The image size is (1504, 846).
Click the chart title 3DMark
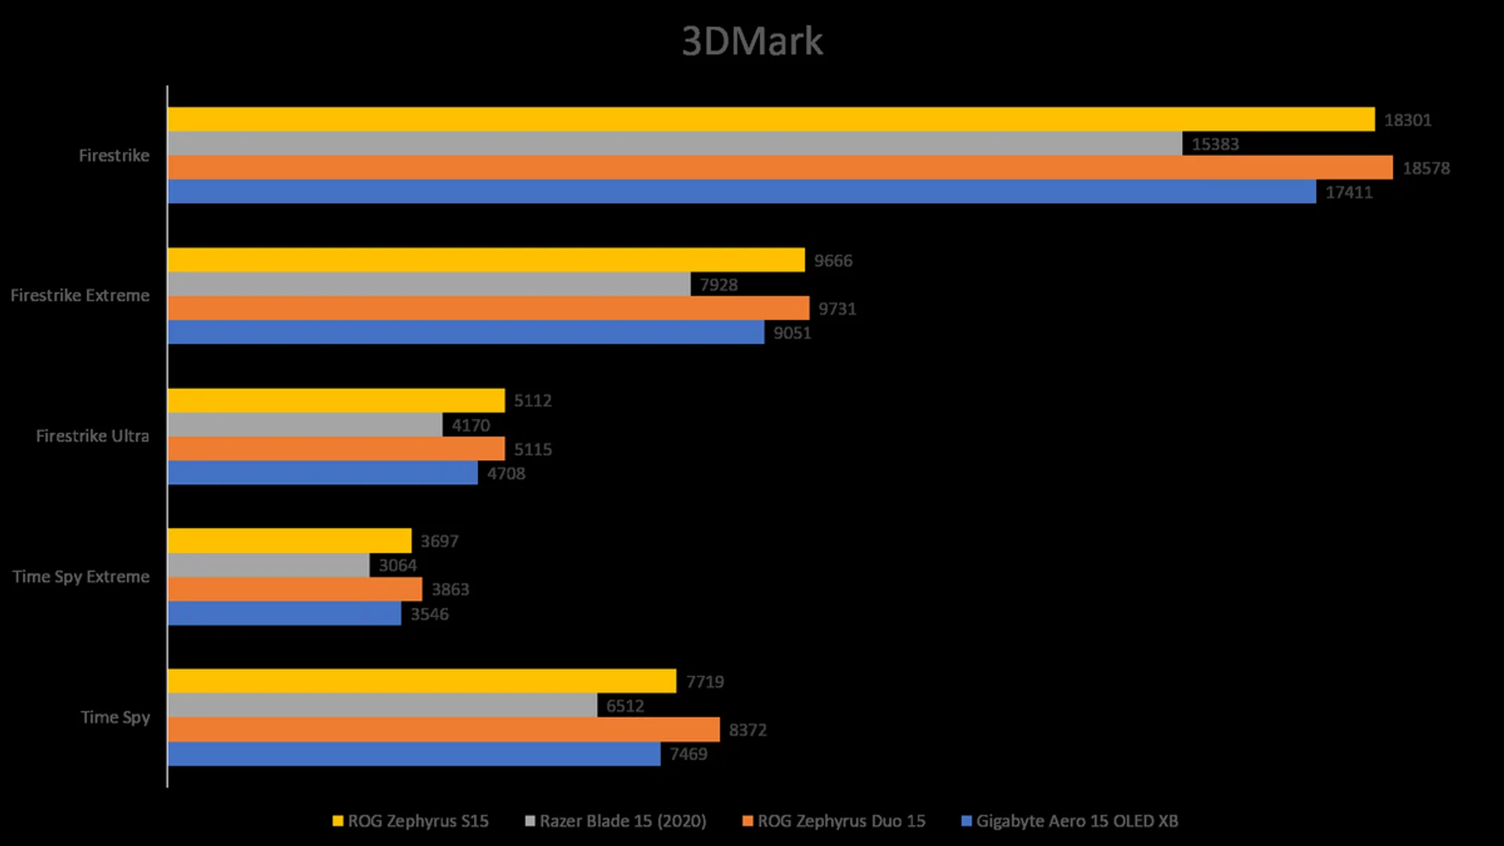pos(752,41)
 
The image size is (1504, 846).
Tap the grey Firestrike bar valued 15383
pos(674,143)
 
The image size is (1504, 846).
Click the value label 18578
pos(1426,168)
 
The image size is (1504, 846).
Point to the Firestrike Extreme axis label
pos(80,295)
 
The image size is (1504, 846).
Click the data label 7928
pos(718,284)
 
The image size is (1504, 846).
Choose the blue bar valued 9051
pos(466,332)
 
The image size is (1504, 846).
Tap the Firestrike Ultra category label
pos(92,436)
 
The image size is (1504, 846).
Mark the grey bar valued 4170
pos(305,425)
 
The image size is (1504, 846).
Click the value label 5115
pos(533,449)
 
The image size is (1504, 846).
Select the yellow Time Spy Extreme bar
pos(290,540)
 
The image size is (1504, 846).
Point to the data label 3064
pos(398,565)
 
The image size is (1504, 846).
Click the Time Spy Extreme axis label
pos(81,577)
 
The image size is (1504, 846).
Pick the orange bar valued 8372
pos(443,729)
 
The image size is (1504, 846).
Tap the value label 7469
pos(689,754)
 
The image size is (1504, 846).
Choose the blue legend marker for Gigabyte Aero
pos(967,821)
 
